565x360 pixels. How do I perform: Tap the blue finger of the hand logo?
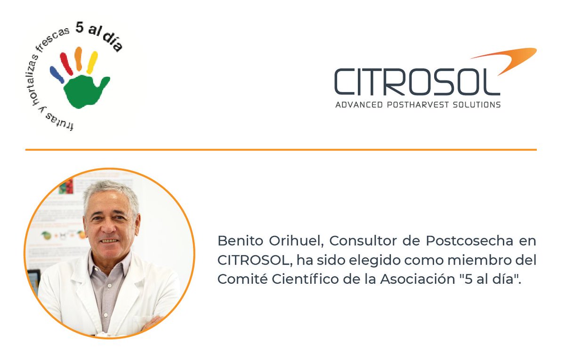click(56, 74)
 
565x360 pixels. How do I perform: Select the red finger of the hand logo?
click(66, 64)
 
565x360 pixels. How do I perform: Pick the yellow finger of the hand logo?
click(92, 62)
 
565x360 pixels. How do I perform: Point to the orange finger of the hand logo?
click(79, 58)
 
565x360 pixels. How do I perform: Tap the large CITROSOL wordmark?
click(417, 82)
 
